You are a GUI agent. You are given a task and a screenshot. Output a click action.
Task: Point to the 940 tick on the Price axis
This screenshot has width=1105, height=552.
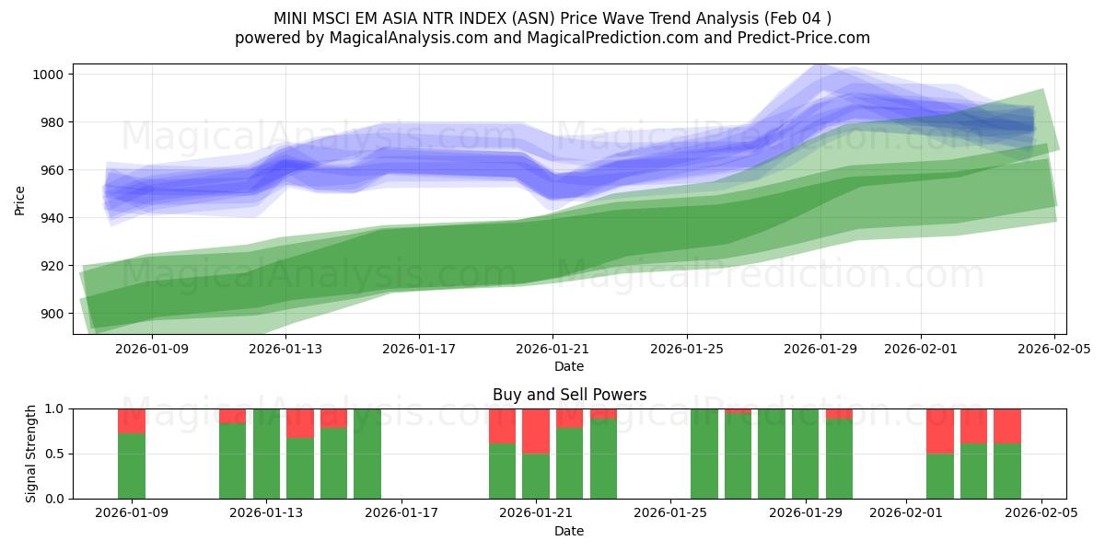[x=53, y=218]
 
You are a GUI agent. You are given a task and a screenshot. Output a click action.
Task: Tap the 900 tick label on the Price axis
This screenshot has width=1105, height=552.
[x=53, y=314]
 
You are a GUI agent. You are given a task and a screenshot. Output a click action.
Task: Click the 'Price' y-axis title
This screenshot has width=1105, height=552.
[x=20, y=199]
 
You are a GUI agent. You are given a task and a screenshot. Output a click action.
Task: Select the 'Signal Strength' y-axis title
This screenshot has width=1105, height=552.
[x=31, y=453]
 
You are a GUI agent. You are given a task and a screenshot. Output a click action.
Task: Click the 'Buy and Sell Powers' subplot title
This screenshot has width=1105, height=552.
[x=569, y=395]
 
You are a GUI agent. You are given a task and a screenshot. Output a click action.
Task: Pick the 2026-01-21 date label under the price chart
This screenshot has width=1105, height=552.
[x=552, y=349]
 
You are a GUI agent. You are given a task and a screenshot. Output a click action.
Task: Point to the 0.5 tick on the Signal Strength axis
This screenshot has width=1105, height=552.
[x=53, y=454]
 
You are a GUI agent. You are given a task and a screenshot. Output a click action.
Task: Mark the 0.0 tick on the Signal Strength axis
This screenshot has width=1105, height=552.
[x=53, y=499]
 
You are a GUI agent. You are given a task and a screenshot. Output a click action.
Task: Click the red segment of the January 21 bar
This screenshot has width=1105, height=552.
[x=536, y=431]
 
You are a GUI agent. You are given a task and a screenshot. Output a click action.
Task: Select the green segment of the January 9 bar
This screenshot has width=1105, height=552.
[x=132, y=466]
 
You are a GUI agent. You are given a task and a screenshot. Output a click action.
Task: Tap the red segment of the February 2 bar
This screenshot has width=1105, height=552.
[x=939, y=431]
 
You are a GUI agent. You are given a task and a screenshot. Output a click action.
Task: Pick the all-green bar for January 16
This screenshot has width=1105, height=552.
[x=367, y=454]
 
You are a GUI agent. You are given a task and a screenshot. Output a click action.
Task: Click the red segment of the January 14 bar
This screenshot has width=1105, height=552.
[x=300, y=423]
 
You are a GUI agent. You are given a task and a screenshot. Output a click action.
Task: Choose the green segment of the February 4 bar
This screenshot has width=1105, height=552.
[x=1007, y=471]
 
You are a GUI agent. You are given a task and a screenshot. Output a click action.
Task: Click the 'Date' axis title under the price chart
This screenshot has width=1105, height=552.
[x=569, y=366]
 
